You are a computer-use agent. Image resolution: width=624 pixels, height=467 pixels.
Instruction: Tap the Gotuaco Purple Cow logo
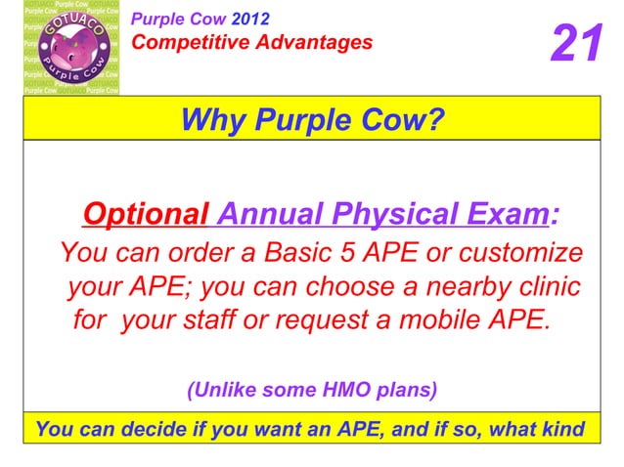coord(71,50)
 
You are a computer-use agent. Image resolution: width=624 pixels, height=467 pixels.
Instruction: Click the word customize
coord(513,254)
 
